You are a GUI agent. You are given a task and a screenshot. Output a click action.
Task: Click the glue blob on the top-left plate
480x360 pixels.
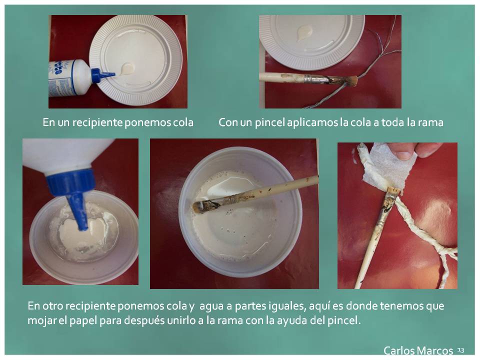[127, 68]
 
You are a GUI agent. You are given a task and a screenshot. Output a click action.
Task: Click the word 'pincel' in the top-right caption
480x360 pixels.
[270, 122]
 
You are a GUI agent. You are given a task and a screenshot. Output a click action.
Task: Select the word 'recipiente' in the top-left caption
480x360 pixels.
[97, 122]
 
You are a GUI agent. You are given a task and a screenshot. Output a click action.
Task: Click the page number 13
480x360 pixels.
[460, 350]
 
